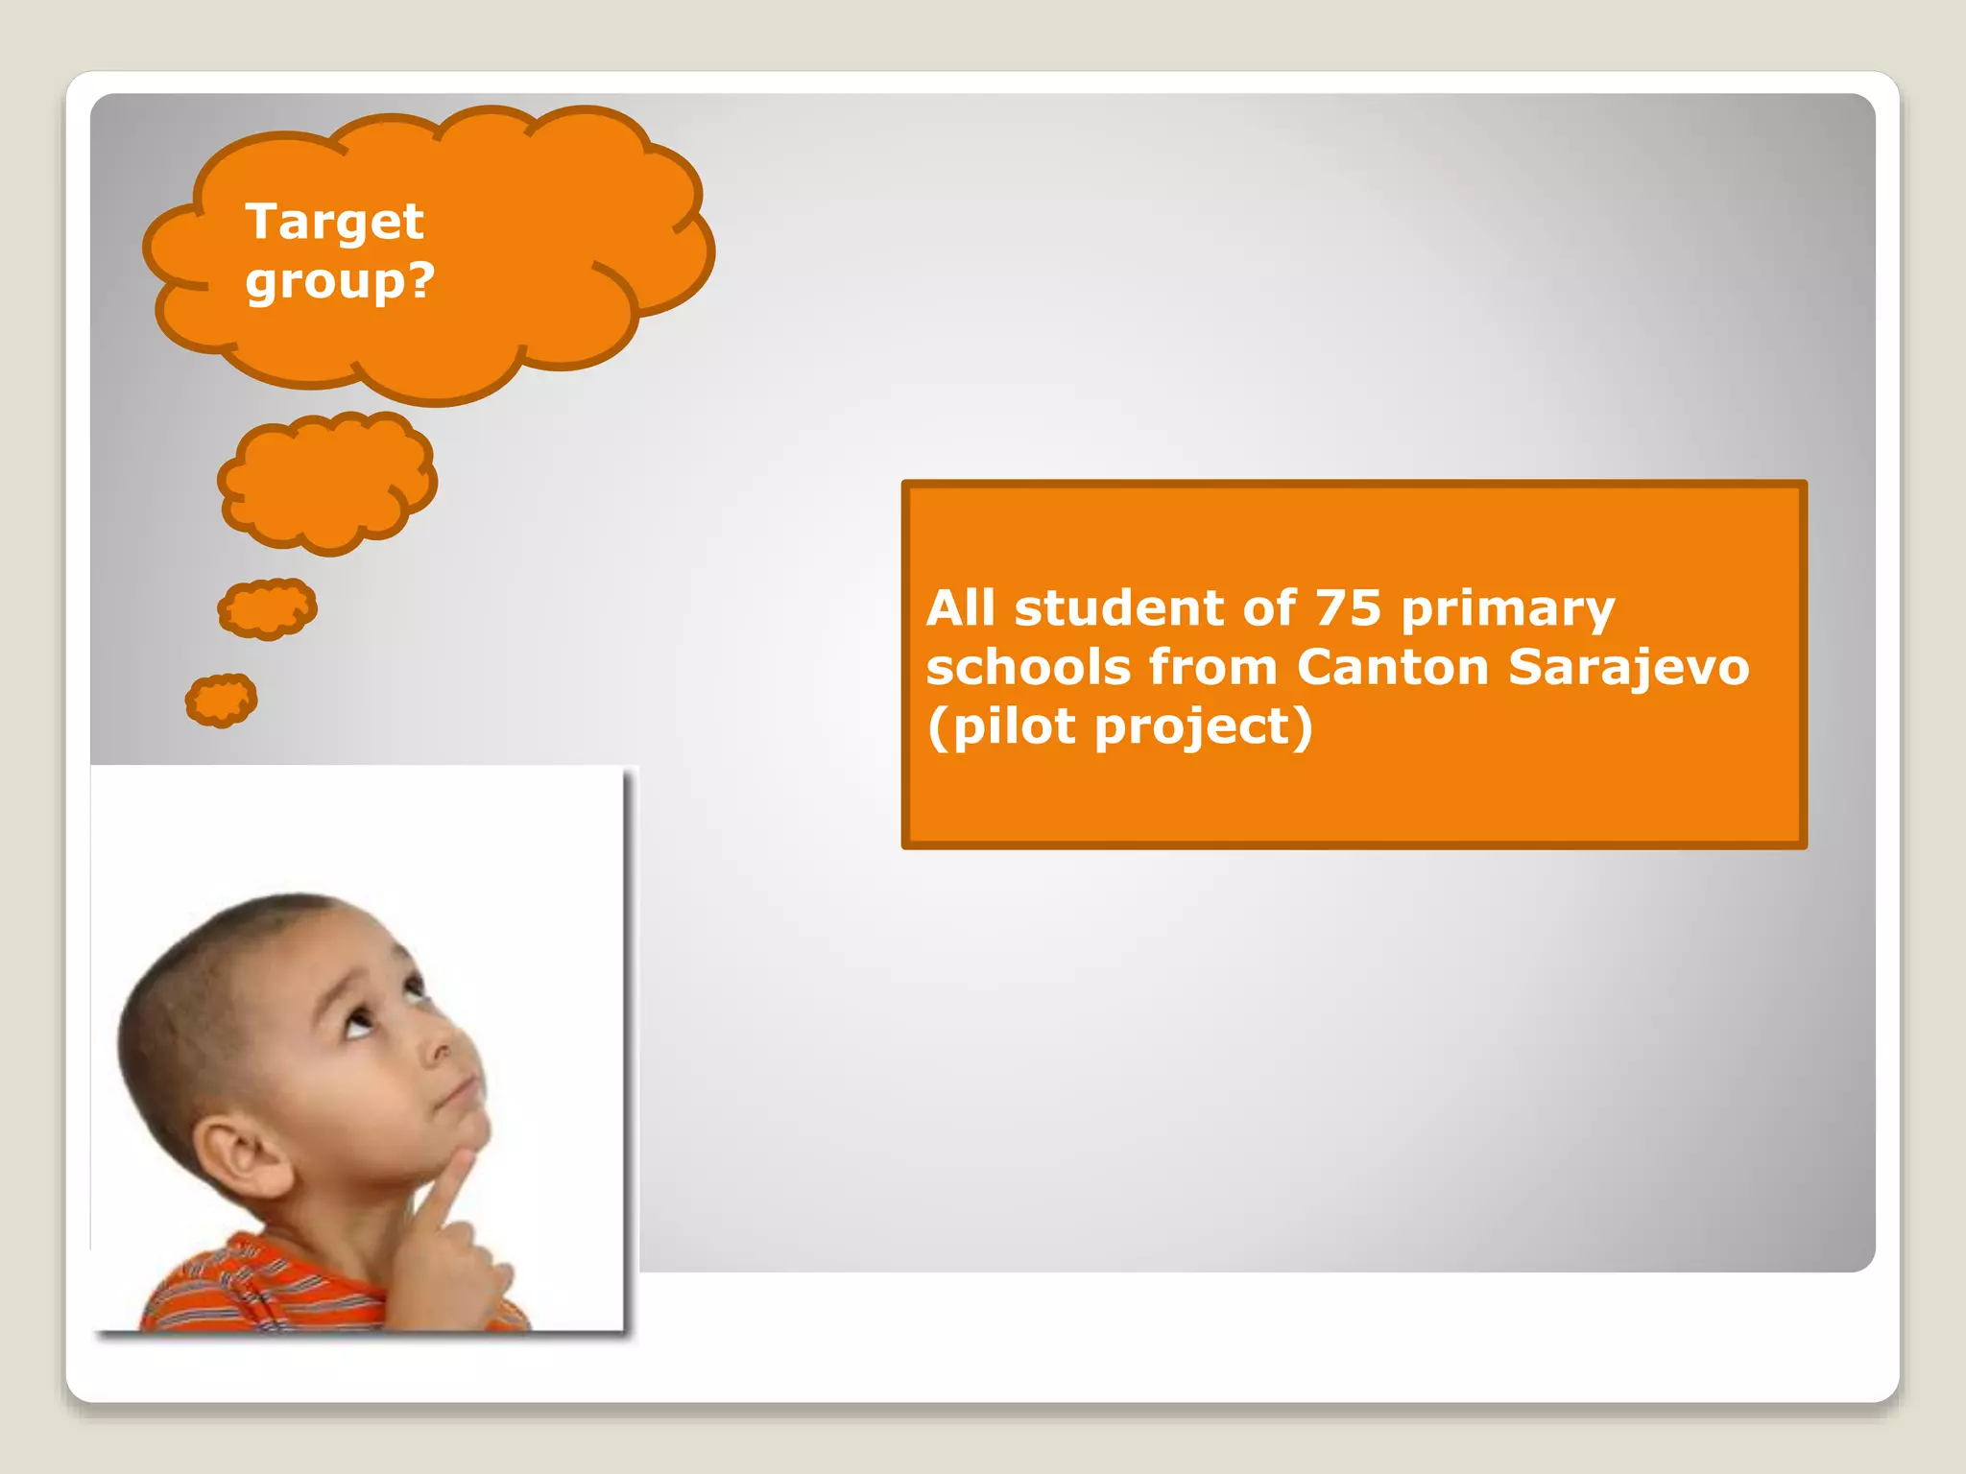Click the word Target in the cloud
pyautogui.click(x=333, y=222)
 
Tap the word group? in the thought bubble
pyautogui.click(x=340, y=281)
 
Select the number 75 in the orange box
pyautogui.click(x=1348, y=608)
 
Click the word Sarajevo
pyautogui.click(x=1628, y=668)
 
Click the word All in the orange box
pyautogui.click(x=961, y=608)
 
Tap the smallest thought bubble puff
pyautogui.click(x=221, y=699)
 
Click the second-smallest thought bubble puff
pyautogui.click(x=267, y=608)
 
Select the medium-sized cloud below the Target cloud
pyautogui.click(x=327, y=483)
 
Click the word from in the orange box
pyautogui.click(x=1212, y=668)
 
